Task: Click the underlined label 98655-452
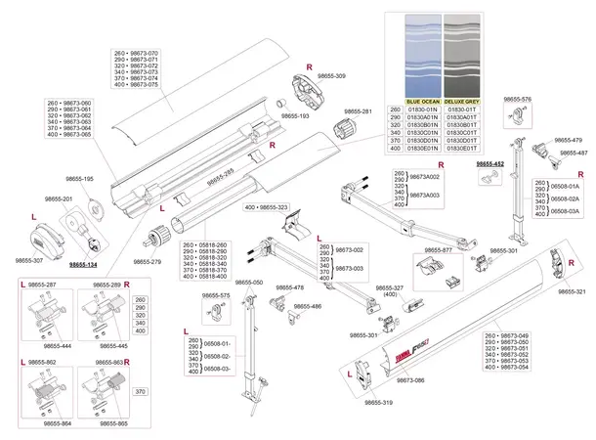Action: pos(490,164)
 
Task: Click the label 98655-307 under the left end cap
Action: pos(29,261)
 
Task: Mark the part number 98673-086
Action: pos(380,378)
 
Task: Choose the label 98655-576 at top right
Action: pos(518,99)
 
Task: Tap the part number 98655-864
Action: pos(56,424)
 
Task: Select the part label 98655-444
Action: pos(56,346)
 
